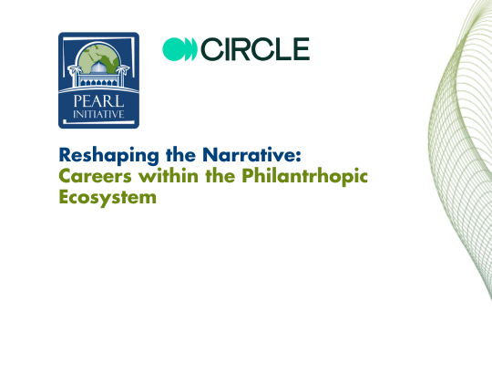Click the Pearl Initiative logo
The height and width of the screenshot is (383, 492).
tap(98, 79)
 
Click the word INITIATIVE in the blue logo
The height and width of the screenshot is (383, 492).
tap(98, 114)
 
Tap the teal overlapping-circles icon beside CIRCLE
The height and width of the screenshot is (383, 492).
tap(179, 49)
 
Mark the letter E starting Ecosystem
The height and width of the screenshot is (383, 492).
tap(64, 196)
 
